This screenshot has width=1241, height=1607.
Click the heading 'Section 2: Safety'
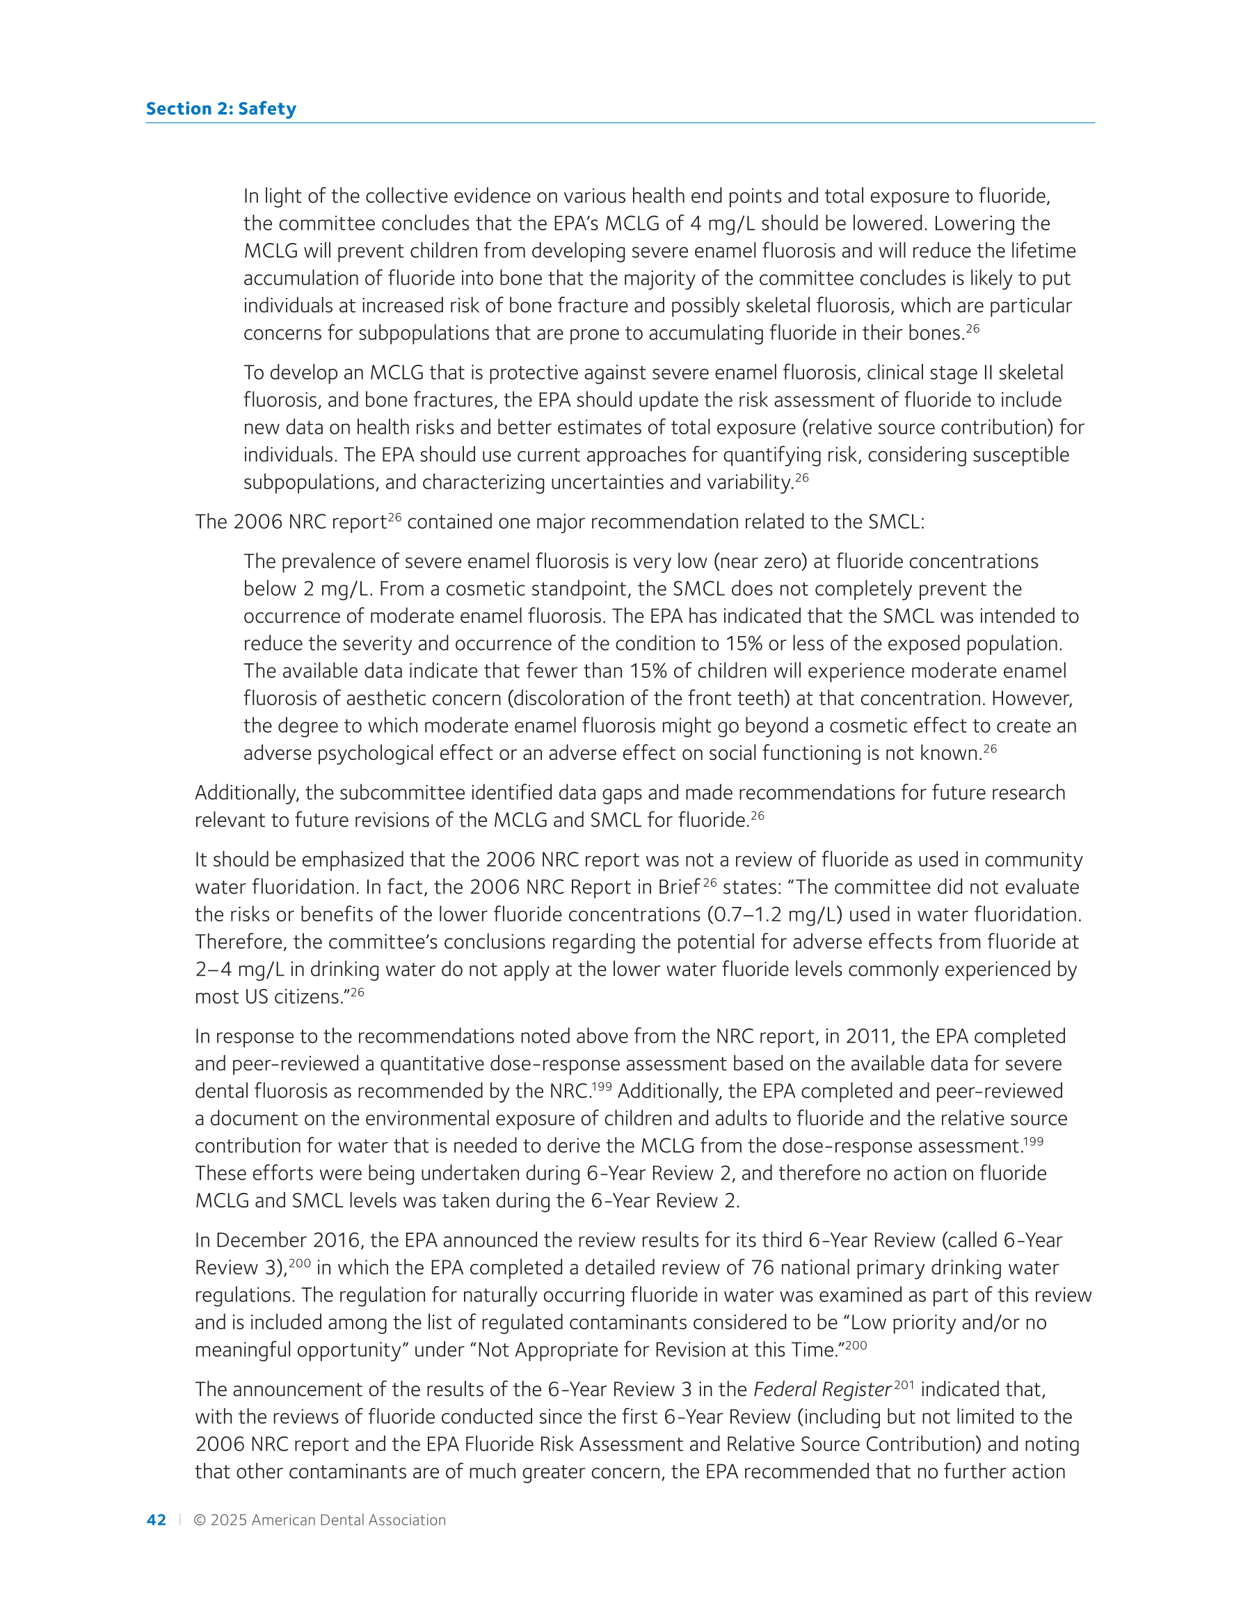221,109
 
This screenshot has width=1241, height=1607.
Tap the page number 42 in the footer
157,1520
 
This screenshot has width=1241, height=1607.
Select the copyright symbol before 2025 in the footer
200,1520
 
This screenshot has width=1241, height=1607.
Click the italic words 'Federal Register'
822,1390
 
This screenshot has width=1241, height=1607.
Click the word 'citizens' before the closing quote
307,997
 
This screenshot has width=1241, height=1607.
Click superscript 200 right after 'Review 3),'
299,1263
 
